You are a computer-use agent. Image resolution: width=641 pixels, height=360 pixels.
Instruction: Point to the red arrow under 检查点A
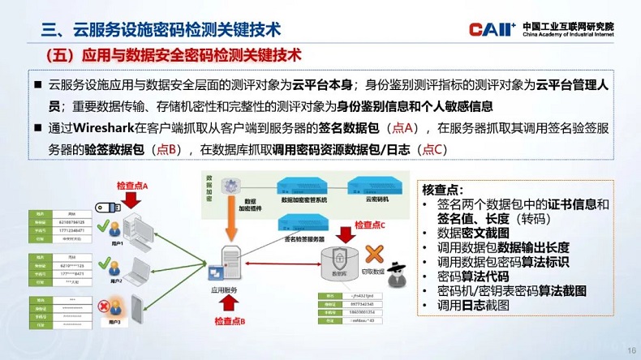point(132,201)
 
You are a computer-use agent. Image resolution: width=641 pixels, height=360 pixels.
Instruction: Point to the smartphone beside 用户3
point(136,308)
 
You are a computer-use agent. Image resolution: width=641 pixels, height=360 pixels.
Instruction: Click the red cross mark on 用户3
point(104,306)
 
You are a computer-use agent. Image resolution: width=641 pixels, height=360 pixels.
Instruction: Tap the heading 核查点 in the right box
point(442,189)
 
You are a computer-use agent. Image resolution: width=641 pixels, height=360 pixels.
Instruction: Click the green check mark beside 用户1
point(103,226)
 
